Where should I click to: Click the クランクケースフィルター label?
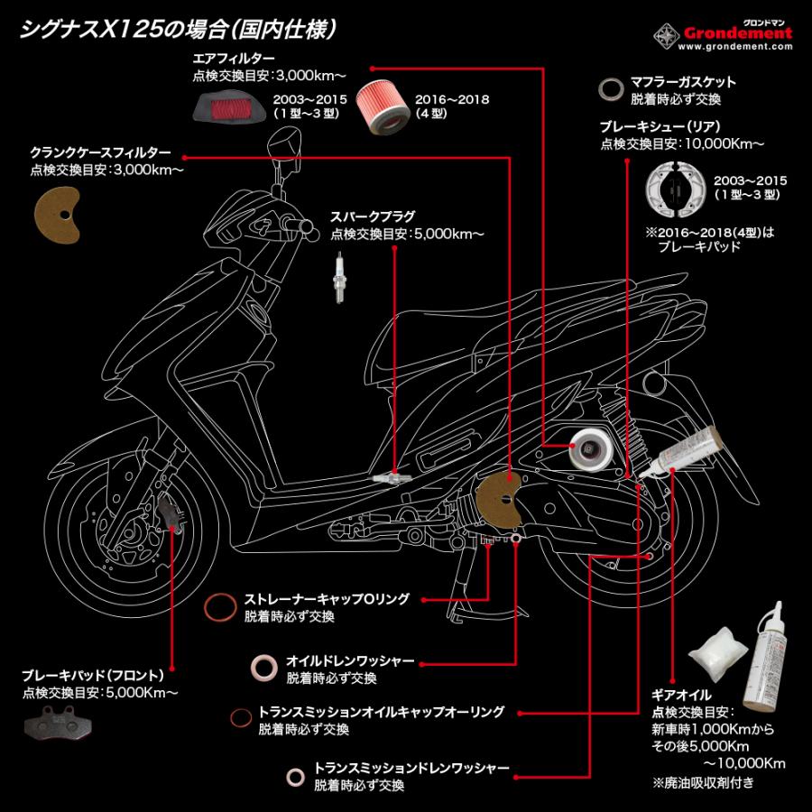(99, 153)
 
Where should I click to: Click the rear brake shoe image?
(675, 190)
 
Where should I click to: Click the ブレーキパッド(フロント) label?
(95, 674)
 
